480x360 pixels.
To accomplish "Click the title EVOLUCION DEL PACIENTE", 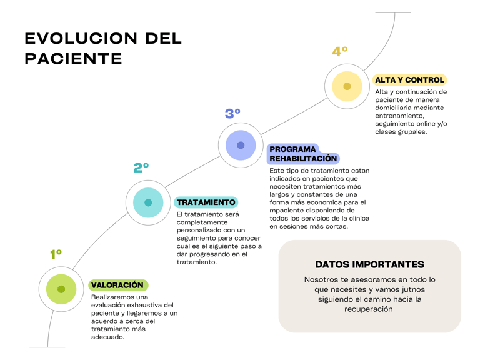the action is pyautogui.click(x=103, y=48).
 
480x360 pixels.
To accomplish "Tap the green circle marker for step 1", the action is pyautogui.click(x=61, y=289).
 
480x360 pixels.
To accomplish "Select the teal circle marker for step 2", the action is pyautogui.click(x=148, y=202).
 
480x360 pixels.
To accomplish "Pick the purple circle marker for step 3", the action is pyautogui.click(x=241, y=146).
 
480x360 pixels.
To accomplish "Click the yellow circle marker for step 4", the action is pyautogui.click(x=347, y=86).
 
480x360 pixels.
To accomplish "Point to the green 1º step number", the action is pyautogui.click(x=56, y=254).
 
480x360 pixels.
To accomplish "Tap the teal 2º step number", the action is pyautogui.click(x=141, y=167).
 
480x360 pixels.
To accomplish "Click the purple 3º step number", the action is pyautogui.click(x=232, y=113).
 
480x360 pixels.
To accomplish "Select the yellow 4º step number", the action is pyautogui.click(x=340, y=52).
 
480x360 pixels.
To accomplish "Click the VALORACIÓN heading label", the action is pyautogui.click(x=117, y=286).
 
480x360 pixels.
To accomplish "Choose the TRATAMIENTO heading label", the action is pyautogui.click(x=206, y=202).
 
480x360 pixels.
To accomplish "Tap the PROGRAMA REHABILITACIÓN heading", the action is pyautogui.click(x=303, y=154).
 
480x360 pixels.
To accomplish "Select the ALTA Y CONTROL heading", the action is pyautogui.click(x=409, y=80).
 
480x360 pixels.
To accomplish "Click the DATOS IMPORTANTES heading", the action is pyautogui.click(x=369, y=264).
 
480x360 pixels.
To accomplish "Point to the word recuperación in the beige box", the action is pyautogui.click(x=369, y=309).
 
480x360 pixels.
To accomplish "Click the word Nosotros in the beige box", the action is pyautogui.click(x=322, y=279).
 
